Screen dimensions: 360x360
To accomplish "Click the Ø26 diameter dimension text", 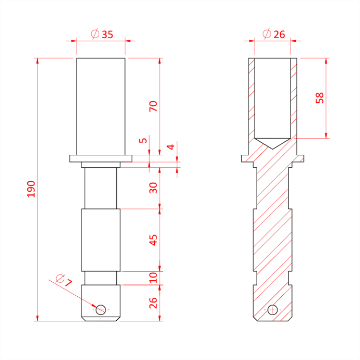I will pyautogui.click(x=273, y=34).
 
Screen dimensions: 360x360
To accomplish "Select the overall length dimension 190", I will pyautogui.click(x=31, y=189).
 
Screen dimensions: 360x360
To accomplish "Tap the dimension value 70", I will pyautogui.click(x=153, y=106).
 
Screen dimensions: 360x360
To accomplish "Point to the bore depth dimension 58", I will pyautogui.click(x=320, y=98).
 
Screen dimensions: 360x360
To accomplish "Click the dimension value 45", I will pyautogui.click(x=153, y=240).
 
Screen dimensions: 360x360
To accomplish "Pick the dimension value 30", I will pyautogui.click(x=153, y=188).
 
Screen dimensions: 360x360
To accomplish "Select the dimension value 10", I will pyautogui.click(x=153, y=278).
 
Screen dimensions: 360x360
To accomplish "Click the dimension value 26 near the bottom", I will pyautogui.click(x=153, y=303).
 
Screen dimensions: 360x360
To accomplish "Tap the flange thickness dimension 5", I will pyautogui.click(x=143, y=140).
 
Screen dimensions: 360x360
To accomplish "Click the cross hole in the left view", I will pyautogui.click(x=101, y=309).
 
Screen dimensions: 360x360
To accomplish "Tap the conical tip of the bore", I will pyautogui.click(x=273, y=143).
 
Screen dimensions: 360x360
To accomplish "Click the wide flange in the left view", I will pyautogui.click(x=101, y=158).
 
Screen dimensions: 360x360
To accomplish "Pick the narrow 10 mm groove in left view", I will pyautogui.click(x=101, y=277).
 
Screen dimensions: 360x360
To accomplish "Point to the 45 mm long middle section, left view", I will pyautogui.click(x=101, y=239).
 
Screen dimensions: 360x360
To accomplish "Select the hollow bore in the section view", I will pyautogui.click(x=273, y=98).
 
